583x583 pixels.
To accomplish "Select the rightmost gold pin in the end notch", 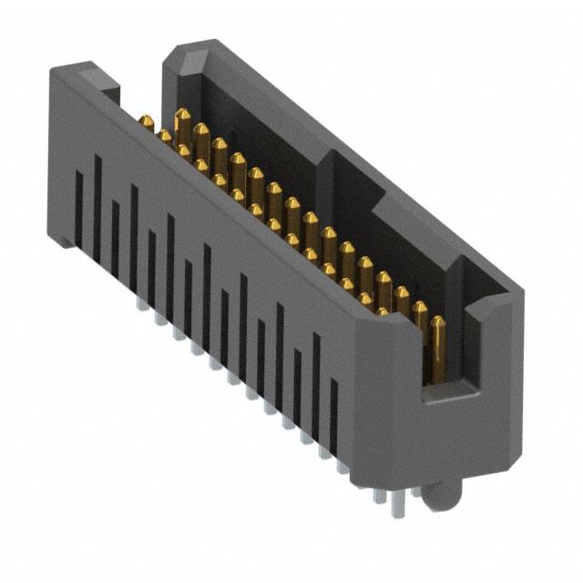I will click(438, 342).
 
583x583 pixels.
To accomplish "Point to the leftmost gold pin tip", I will click(145, 120).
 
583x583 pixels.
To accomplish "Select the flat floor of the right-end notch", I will click(451, 391).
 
